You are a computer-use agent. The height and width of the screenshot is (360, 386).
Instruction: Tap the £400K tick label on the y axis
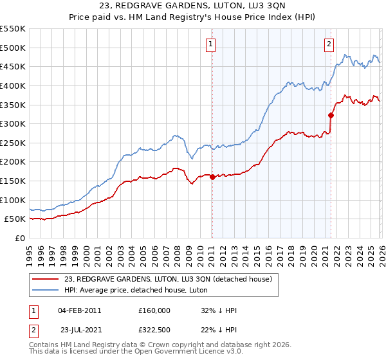pos(13,85)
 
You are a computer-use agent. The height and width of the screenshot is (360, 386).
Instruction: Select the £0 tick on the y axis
pos(21,238)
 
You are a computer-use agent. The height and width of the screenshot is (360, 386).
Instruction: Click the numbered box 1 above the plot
pos(211,44)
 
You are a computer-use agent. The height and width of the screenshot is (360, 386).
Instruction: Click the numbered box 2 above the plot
pos(329,44)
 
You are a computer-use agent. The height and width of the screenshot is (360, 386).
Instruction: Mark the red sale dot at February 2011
pos(212,177)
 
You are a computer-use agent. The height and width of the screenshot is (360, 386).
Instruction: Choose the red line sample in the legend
pos(45,279)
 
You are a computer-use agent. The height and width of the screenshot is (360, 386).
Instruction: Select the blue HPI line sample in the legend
pos(45,289)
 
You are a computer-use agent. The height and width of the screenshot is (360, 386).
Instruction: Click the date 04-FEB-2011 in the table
pos(79,310)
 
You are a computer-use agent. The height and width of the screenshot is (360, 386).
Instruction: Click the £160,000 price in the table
pos(154,310)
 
